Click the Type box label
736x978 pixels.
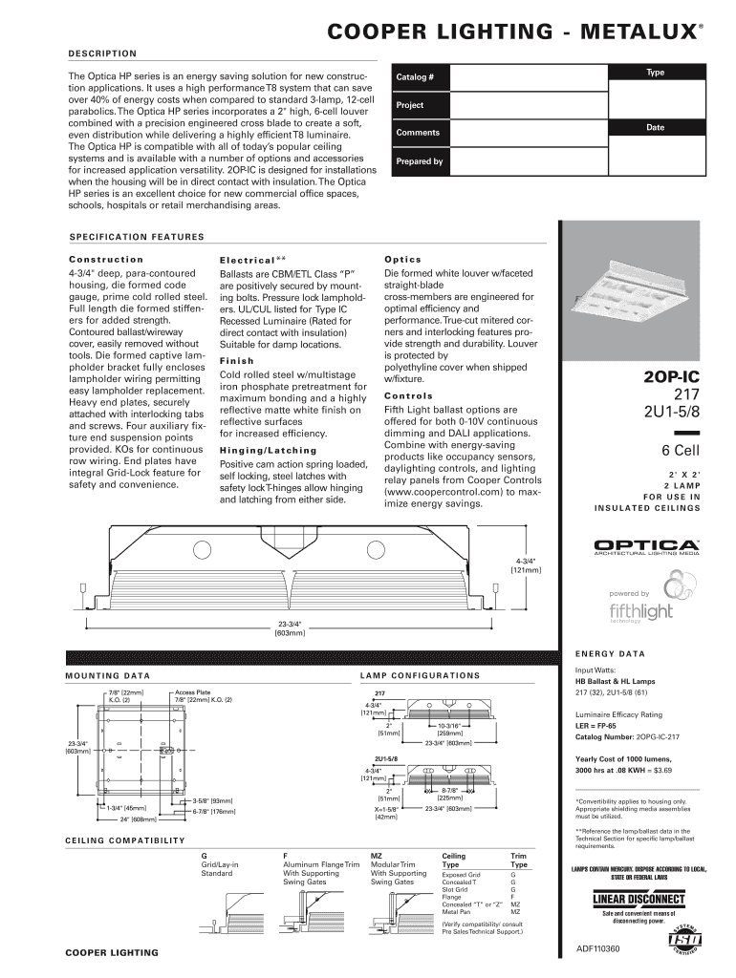click(656, 73)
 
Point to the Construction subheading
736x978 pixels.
click(106, 259)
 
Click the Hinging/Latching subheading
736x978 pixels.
click(268, 450)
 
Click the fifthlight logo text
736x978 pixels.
click(640, 610)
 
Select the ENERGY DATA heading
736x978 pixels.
click(610, 654)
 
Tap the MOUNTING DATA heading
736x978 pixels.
click(107, 675)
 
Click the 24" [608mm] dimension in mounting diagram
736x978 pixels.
click(138, 819)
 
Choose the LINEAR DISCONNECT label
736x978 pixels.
click(639, 900)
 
